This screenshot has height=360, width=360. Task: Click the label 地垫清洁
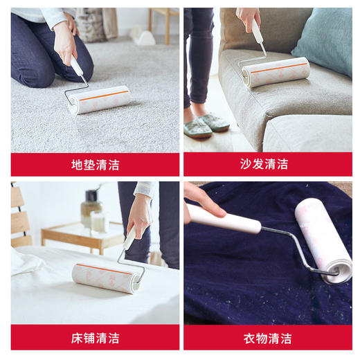coord(95,165)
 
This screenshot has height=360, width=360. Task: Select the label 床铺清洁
coord(95,338)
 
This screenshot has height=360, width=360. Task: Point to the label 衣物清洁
coord(267,338)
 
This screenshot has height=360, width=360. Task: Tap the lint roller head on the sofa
coord(276,71)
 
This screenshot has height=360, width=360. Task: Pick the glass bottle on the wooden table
coord(90,208)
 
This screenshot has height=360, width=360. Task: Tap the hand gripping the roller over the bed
coord(138,217)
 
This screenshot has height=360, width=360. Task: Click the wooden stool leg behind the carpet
coord(167,28)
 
